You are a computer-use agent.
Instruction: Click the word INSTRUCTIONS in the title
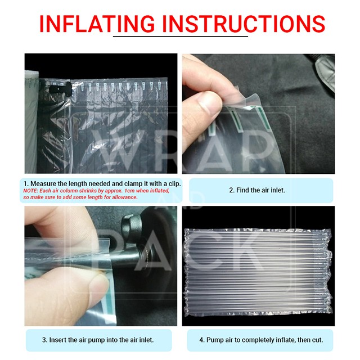pyautogui.click(x=244, y=24)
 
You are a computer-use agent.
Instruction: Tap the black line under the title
pyautogui.click(x=181, y=36)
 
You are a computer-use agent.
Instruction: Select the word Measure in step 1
pyautogui.click(x=43, y=184)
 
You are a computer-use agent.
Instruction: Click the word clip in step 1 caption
pyautogui.click(x=174, y=184)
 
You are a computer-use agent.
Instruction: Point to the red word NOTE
pyautogui.click(x=30, y=191)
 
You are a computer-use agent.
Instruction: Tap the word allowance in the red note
pyautogui.click(x=124, y=197)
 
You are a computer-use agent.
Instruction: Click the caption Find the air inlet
pyautogui.click(x=257, y=190)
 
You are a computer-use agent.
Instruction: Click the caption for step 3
pyautogui.click(x=98, y=340)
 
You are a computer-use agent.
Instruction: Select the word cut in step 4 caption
pyautogui.click(x=318, y=340)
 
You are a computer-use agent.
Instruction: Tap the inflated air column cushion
pyautogui.click(x=258, y=271)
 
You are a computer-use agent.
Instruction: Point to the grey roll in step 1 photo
pyautogui.click(x=31, y=121)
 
